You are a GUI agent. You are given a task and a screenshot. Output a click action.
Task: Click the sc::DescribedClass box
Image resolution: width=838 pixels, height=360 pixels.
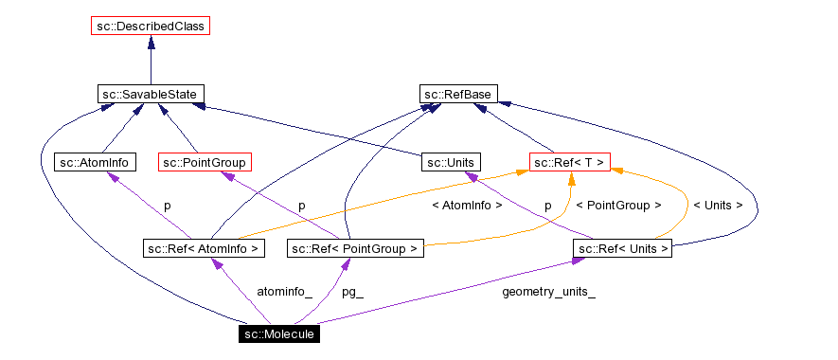point(151,26)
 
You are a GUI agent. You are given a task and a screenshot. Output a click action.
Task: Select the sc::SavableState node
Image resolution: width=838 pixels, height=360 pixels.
point(151,94)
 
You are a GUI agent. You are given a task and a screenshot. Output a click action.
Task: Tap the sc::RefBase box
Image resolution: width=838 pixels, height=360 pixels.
point(459,94)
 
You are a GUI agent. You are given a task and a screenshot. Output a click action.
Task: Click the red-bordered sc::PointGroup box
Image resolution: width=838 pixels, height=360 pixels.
point(205,162)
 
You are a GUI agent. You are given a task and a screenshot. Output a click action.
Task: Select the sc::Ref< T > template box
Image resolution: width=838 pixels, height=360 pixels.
point(568,162)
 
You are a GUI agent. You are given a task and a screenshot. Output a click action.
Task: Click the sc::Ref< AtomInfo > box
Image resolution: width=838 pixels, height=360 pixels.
point(204,248)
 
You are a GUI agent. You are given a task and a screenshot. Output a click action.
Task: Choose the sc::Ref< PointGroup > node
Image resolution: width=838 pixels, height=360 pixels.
point(354,248)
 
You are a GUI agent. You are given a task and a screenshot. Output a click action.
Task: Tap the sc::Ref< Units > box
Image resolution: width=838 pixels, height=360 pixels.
point(622,248)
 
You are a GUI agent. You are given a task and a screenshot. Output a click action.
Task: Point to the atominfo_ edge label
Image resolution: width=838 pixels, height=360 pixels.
point(284,292)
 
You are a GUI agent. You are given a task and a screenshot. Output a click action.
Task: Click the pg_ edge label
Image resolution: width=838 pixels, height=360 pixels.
point(352,292)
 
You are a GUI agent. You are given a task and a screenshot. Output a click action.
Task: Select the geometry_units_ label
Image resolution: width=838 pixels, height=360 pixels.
point(548,292)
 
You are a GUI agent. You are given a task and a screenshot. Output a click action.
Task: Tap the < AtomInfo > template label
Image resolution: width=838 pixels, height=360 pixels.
point(467,205)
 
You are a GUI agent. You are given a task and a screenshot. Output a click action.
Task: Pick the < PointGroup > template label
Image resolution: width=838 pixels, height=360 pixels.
point(618,205)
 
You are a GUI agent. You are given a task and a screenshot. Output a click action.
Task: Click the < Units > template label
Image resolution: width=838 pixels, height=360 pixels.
point(718,205)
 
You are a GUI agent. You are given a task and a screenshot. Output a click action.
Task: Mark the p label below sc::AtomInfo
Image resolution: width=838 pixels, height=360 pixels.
point(168,205)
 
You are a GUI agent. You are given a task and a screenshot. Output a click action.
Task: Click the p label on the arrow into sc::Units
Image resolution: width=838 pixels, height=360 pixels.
point(547,205)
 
